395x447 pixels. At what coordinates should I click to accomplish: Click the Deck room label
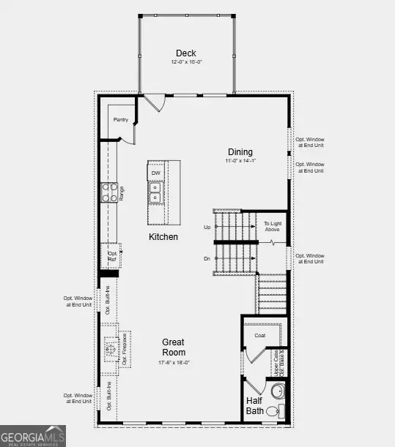pos(186,53)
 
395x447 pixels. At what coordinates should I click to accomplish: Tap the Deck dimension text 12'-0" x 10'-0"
pos(186,63)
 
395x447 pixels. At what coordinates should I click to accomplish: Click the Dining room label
pos(239,151)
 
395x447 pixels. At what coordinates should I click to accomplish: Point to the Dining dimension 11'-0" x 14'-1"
pos(239,161)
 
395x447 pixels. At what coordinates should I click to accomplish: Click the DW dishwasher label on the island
pos(156,173)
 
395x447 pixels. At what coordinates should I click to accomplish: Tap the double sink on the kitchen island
pos(156,192)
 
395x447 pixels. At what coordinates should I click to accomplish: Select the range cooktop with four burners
pos(108,192)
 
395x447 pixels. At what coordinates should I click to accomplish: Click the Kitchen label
pos(163,237)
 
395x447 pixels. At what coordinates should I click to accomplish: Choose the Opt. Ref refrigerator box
pos(111,255)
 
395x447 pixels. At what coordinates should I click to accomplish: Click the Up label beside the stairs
pos(207,228)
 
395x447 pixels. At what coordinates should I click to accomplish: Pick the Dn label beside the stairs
pos(207,258)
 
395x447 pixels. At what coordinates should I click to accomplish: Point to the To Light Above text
pos(273,227)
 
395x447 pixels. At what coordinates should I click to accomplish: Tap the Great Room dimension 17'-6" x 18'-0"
pos(173,362)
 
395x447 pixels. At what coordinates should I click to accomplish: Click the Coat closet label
pos(259,336)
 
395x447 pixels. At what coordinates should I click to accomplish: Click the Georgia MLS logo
pos(33,435)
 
